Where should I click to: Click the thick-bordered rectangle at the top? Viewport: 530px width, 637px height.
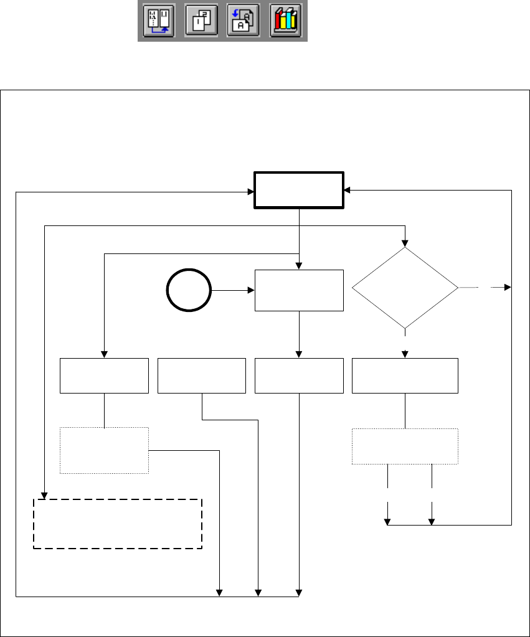click(x=299, y=190)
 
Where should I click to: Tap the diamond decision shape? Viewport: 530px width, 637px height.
click(x=405, y=288)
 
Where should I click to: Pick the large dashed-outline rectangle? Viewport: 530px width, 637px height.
click(x=118, y=523)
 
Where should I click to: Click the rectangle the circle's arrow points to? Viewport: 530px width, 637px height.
click(x=299, y=290)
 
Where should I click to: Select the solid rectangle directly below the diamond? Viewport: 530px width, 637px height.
click(x=405, y=375)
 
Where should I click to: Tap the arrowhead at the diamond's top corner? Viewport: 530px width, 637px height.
click(x=405, y=243)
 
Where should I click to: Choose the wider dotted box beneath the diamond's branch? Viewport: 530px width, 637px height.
click(x=405, y=446)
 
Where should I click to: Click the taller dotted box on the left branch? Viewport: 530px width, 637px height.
click(x=104, y=450)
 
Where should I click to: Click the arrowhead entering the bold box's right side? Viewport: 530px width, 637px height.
click(x=347, y=190)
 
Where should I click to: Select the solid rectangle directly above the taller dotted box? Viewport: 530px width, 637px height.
click(x=104, y=375)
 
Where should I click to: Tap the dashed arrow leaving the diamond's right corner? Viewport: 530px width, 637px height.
click(x=486, y=288)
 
